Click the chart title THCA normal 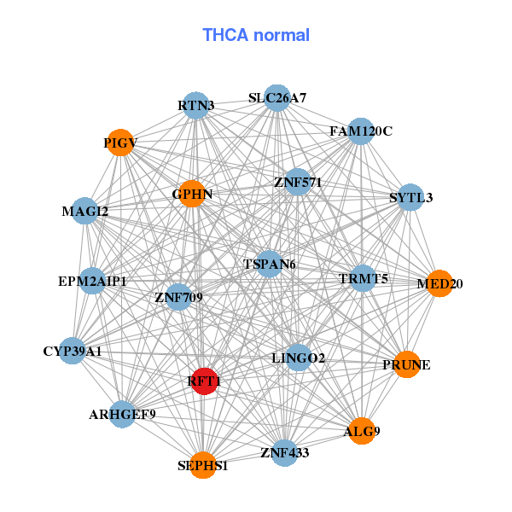255,35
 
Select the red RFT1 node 203,381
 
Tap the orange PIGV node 120,143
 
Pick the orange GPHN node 192,194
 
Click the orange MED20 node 439,283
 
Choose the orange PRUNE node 407,364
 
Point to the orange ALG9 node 362,431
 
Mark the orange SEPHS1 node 203,465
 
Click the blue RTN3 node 196,106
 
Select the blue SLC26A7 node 276,98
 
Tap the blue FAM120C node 361,131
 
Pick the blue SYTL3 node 411,197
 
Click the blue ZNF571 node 297,181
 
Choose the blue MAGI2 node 85,211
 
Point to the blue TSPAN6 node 270,264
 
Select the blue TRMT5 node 364,278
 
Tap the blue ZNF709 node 178,297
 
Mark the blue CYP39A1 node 73,351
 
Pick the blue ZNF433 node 285,452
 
